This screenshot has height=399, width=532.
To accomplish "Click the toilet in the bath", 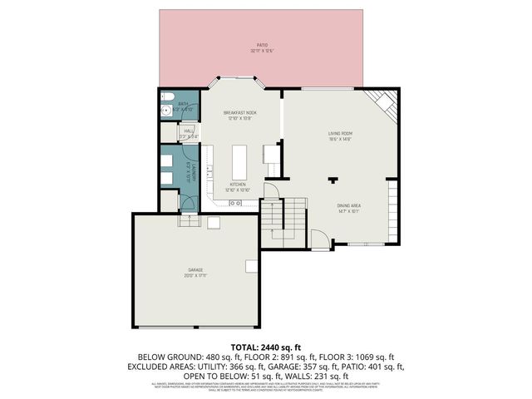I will point(165,94).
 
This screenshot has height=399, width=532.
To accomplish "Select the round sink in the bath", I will point(165,109).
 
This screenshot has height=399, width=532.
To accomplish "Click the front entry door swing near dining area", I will point(318,239).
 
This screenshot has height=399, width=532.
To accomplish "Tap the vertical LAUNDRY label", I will point(190,170).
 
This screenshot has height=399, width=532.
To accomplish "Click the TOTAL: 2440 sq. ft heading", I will point(265,346).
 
